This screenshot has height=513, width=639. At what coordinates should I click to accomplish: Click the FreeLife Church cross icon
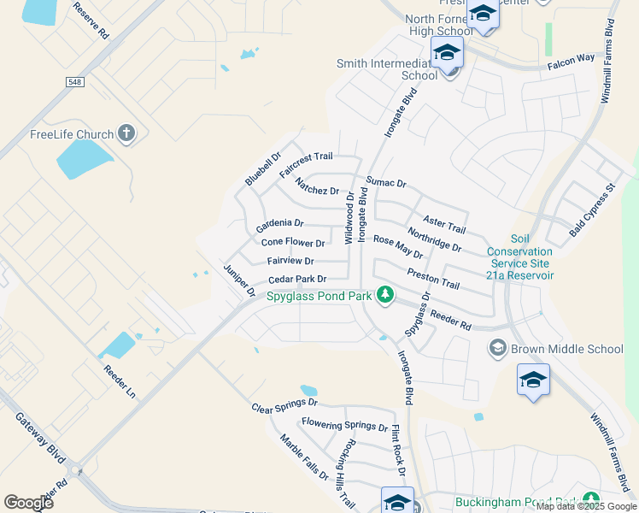tap(126, 133)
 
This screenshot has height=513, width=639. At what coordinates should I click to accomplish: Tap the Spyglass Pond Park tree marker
tap(385, 296)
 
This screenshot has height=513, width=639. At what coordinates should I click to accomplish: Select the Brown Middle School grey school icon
tap(497, 347)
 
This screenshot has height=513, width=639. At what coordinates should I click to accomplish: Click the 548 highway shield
tap(74, 81)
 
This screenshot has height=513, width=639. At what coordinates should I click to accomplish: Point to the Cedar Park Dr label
tap(297, 280)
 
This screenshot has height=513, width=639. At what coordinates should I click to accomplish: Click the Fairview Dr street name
tap(290, 261)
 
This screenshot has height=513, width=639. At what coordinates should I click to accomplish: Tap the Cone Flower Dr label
tap(292, 243)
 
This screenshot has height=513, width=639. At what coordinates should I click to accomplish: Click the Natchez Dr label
tap(317, 186)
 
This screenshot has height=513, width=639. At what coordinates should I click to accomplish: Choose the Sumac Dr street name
tap(386, 183)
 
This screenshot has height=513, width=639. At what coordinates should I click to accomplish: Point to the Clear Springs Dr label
tap(284, 405)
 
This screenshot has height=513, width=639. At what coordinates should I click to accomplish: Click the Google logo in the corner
tap(29, 502)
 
